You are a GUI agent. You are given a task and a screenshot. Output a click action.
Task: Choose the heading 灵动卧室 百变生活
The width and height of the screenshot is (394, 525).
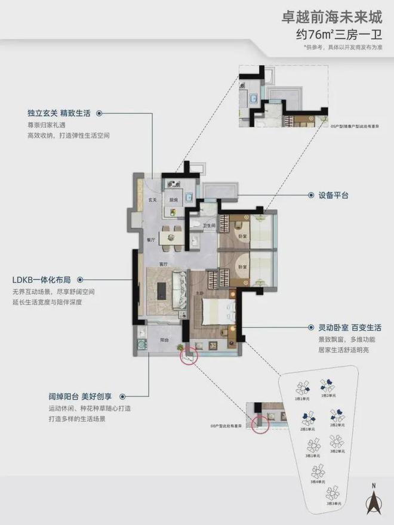(x=345, y=328)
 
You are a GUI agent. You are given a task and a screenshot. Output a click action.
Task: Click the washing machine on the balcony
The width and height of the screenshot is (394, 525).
(x=141, y=345)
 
